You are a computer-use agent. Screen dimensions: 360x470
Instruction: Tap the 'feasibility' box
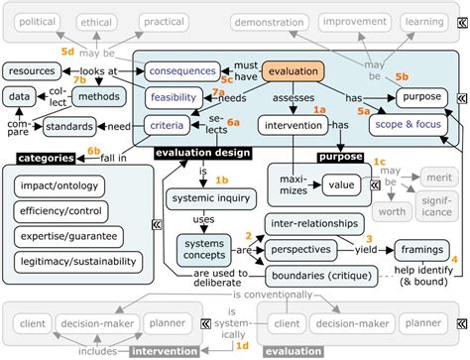(x=176, y=97)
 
